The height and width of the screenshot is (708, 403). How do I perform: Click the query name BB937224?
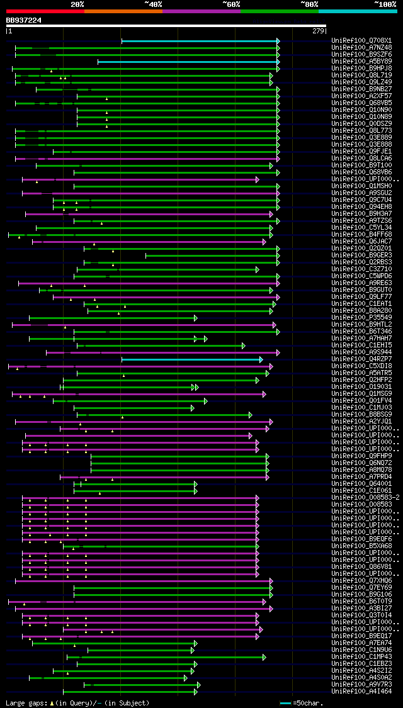coord(24,20)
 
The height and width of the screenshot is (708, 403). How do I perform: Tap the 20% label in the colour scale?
coord(77,4)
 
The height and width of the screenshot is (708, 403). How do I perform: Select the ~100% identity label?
coord(384,4)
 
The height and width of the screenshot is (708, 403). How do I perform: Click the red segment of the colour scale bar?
coord(45,11)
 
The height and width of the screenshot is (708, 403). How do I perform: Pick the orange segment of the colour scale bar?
coord(123,11)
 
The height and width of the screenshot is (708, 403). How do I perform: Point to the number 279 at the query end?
coord(317,31)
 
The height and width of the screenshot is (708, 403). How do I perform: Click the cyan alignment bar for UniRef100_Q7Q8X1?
coord(200,41)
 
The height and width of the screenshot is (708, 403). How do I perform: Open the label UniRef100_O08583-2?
coord(364,498)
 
